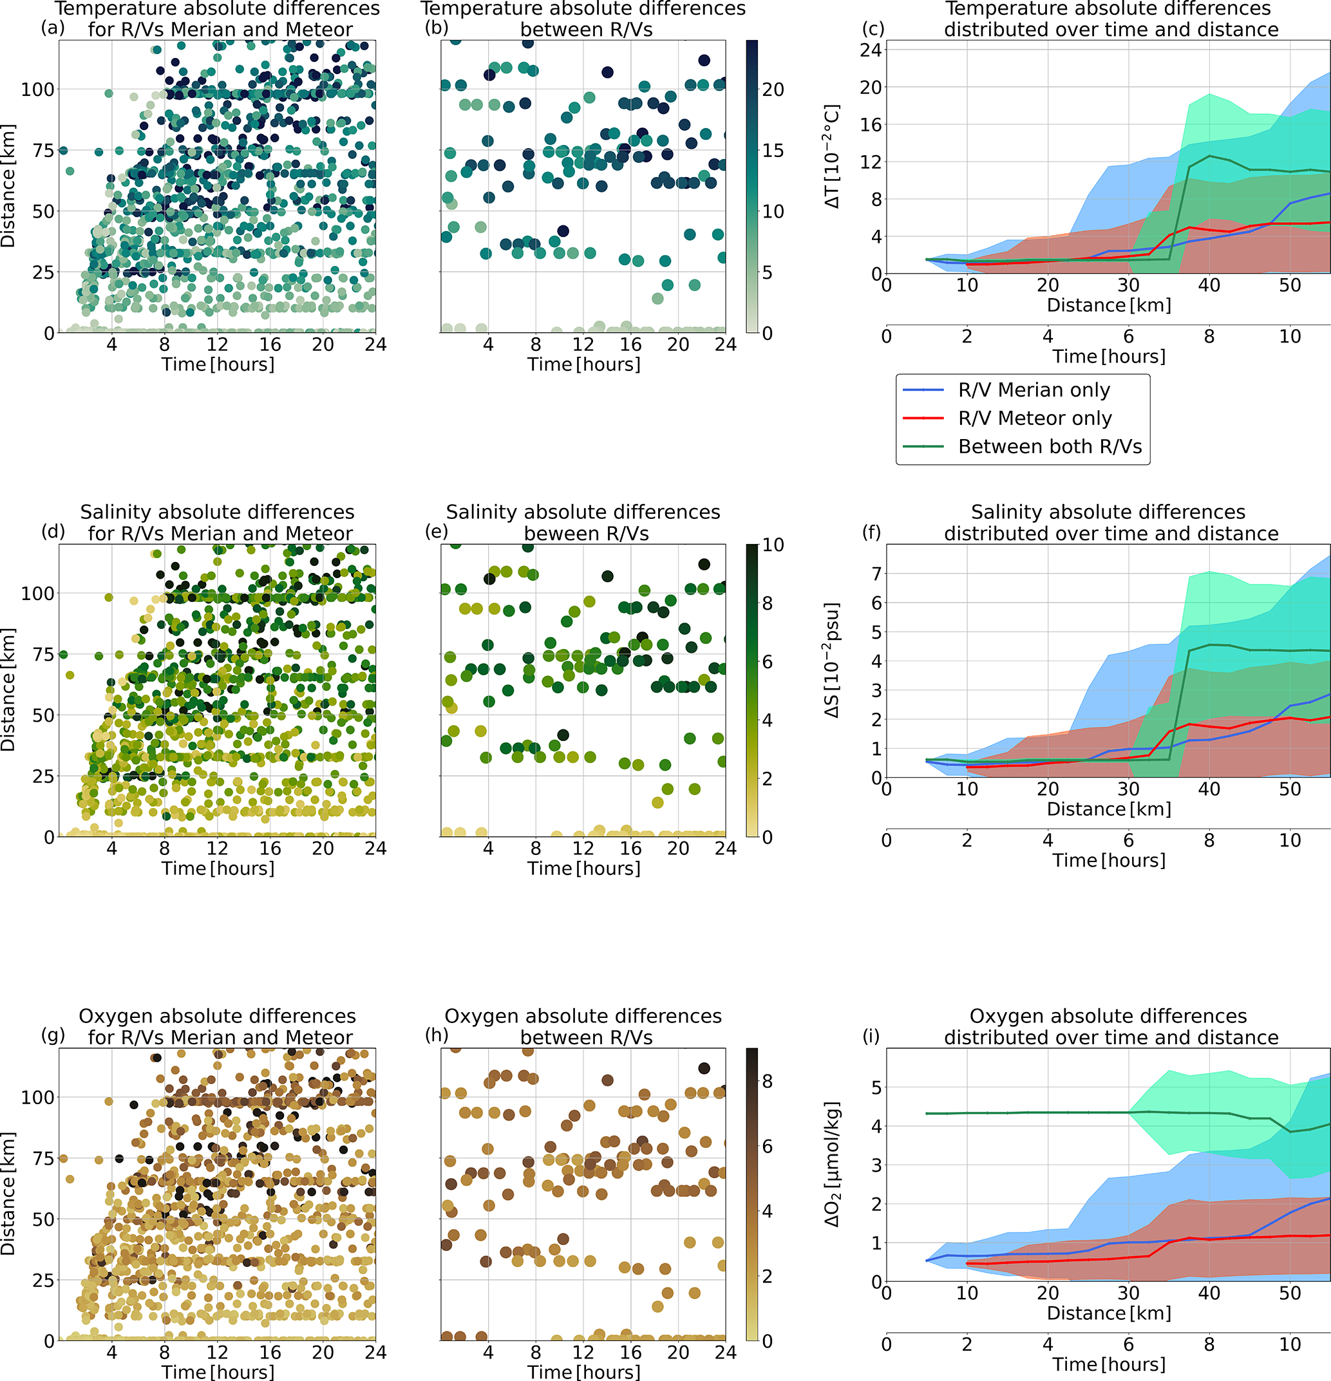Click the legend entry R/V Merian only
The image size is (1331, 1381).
pos(1034,390)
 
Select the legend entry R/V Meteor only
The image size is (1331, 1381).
pos(1034,418)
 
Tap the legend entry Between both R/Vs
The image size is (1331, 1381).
pos(1049,447)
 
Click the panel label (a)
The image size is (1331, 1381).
pos(53,28)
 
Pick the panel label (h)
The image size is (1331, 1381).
pos(437,1035)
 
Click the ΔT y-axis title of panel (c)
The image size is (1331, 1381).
pos(833,156)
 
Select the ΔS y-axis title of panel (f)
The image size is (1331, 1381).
pos(833,660)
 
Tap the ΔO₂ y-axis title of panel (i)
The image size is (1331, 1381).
pos(833,1163)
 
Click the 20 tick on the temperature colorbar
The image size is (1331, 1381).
pos(773,89)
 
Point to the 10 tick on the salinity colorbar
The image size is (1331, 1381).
pos(773,545)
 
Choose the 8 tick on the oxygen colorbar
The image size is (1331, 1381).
pos(768,1082)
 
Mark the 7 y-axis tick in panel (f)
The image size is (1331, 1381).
pos(876,574)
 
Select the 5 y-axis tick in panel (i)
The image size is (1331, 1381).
pos(876,1087)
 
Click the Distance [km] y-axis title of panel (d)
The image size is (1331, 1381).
pos(8,690)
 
